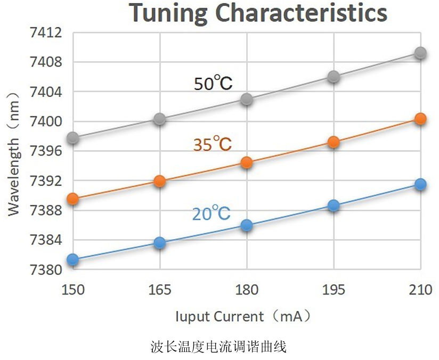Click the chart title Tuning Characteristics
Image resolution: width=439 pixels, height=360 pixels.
coord(258,13)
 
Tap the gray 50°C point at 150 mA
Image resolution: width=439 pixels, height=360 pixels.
coord(73,138)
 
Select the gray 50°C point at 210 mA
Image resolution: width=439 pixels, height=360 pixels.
coord(420,53)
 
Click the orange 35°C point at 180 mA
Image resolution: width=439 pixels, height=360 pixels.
coord(247,162)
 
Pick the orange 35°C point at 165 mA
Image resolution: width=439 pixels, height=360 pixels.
coord(160,181)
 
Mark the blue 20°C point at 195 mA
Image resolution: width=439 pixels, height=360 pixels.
coord(334,206)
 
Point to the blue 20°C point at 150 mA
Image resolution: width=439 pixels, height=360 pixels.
coord(73,259)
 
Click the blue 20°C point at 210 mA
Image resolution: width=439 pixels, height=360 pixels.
coord(420,185)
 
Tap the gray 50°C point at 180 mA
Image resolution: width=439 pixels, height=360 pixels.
coord(247,99)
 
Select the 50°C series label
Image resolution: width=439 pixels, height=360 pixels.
coord(213,84)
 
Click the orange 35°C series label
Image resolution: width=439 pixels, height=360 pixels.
coord(212,144)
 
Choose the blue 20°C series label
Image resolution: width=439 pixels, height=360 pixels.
coord(211,214)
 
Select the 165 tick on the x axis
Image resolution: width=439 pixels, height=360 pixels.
coord(160,290)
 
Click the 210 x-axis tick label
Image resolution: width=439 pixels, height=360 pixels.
coord(420,290)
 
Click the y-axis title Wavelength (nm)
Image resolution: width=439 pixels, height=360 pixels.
coord(14,153)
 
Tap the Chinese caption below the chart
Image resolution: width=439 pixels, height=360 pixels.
coord(219,348)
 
